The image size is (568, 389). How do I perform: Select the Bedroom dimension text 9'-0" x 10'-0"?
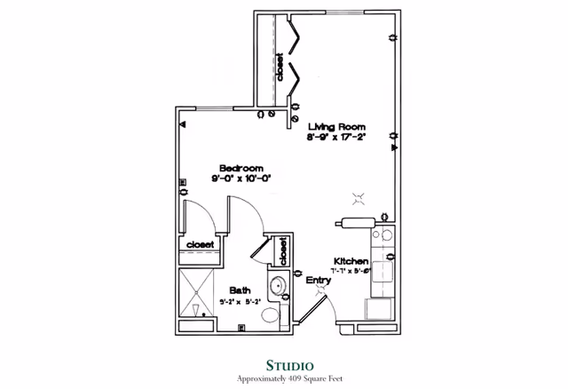241,178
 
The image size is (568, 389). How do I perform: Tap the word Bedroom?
241,167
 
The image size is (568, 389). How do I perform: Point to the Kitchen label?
351,260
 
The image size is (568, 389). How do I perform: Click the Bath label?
240,290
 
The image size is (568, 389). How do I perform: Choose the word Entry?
319,280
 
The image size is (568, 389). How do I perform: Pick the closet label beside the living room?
280,68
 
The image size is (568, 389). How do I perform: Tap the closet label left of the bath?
199,244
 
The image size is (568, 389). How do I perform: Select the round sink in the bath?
277,286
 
